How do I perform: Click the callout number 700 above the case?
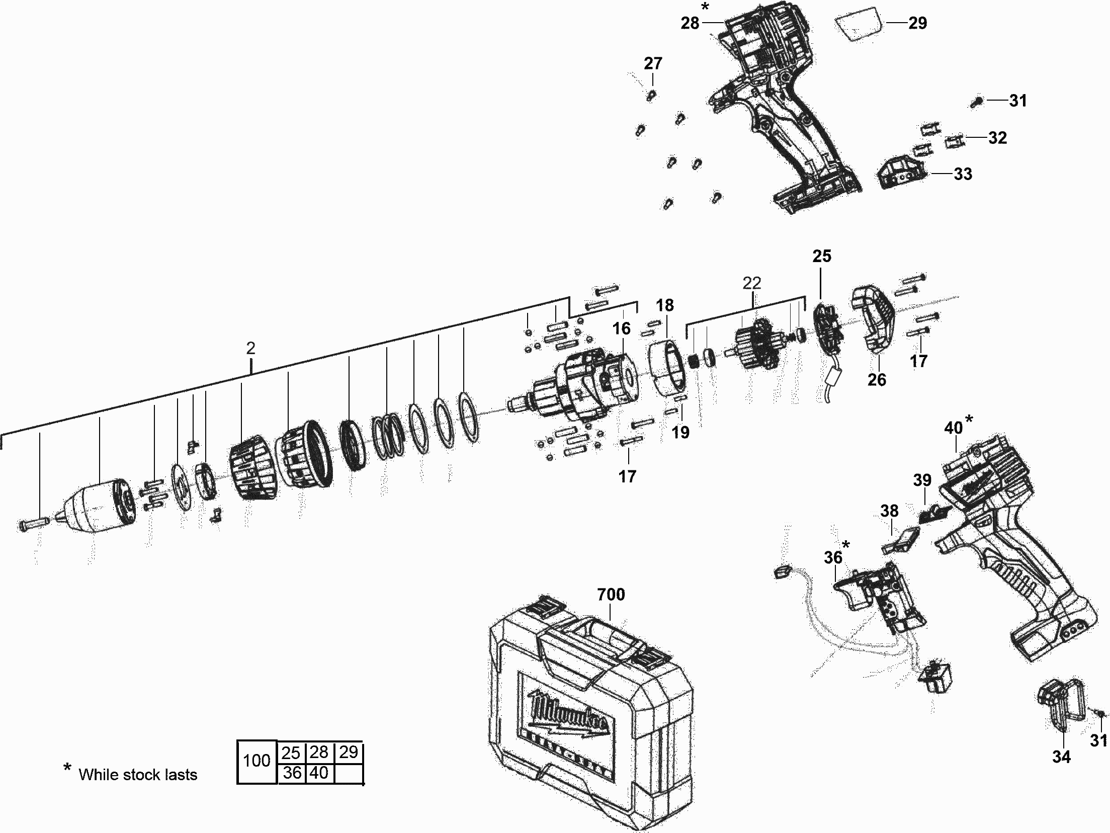coord(611,594)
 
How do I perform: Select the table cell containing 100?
coord(257,761)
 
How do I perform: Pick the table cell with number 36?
coord(292,773)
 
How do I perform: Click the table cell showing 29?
coord(348,752)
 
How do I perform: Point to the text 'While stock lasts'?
coord(138,775)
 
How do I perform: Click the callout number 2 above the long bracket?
coord(250,348)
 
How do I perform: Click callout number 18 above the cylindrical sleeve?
coord(664,305)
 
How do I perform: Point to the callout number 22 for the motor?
coord(752,283)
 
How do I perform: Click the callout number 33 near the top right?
coord(963,174)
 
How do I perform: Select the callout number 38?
coord(889,511)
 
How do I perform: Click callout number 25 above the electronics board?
coord(822,256)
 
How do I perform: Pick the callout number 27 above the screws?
coord(653,63)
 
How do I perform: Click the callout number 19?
coord(680,432)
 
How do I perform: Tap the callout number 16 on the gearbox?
coord(621,328)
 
